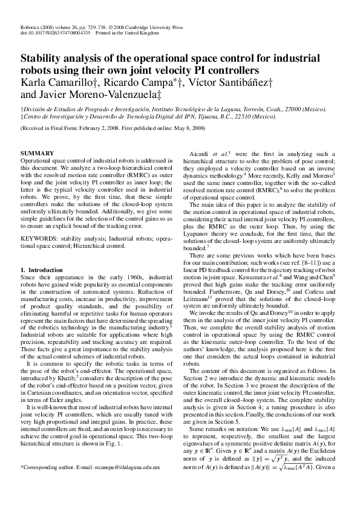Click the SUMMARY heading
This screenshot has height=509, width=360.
click(38, 154)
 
